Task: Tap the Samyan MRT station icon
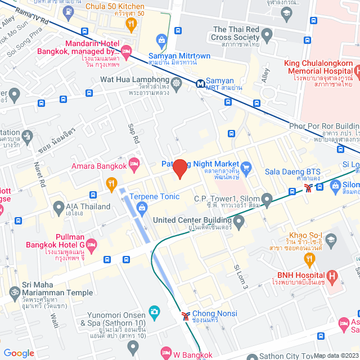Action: (x=200, y=83)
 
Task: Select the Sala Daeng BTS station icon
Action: (x=308, y=188)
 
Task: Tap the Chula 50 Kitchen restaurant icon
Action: (x=132, y=23)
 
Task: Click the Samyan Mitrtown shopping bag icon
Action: (x=162, y=40)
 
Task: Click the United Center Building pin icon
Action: (x=239, y=223)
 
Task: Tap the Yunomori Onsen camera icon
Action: (x=154, y=311)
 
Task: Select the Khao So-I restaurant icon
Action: (x=309, y=258)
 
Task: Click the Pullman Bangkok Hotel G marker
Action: (x=92, y=245)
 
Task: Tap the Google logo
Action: (x=19, y=353)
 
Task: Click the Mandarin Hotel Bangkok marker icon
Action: (x=127, y=52)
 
